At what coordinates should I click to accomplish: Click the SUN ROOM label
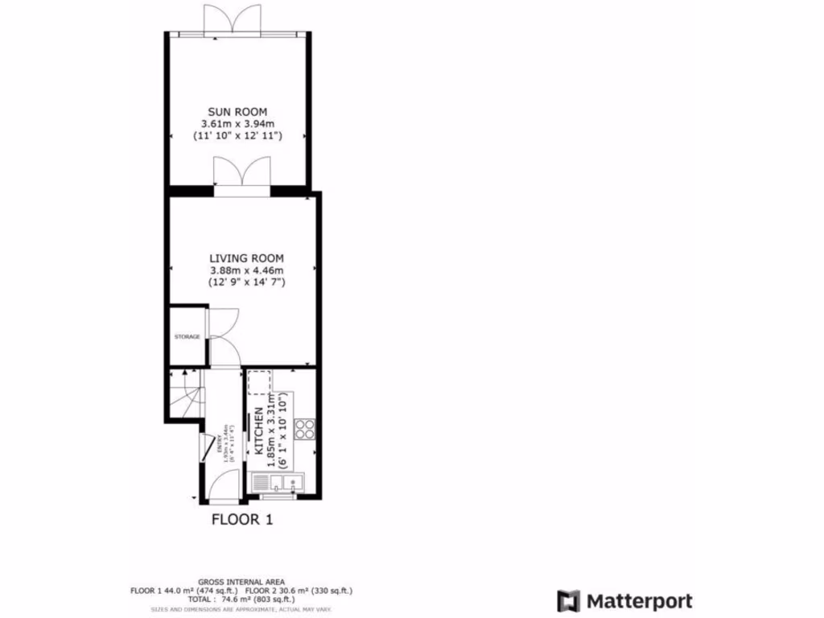pos(237,111)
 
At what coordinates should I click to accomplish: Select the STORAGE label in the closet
pos(187,336)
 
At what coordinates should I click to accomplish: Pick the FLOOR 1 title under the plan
pos(242,520)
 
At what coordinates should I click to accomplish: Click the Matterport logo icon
pos(569,600)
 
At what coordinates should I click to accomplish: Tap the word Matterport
pos(639,600)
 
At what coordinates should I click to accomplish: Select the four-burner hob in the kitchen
pos(305,429)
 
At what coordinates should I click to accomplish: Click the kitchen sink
pos(278,483)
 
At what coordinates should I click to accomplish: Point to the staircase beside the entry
pos(184,394)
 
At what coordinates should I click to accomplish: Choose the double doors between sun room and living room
pos(241,174)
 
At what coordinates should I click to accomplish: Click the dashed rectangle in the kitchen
pos(259,383)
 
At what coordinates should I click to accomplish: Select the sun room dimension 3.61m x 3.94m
pos(237,124)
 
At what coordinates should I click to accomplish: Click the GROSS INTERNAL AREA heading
pos(241,582)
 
